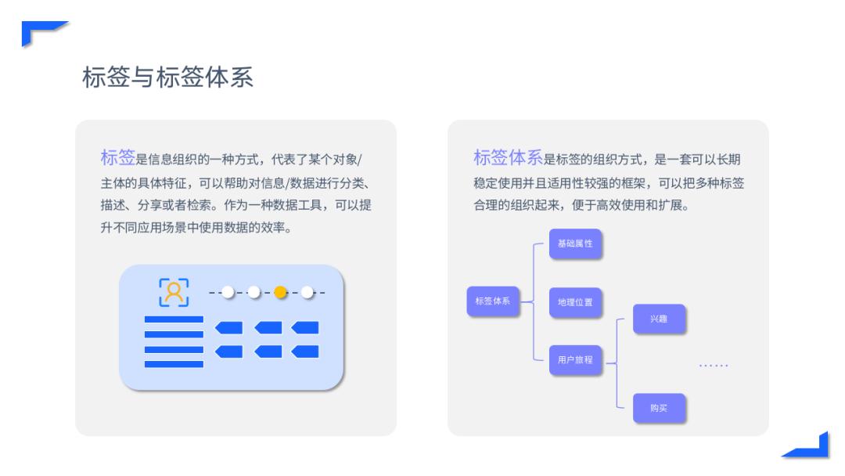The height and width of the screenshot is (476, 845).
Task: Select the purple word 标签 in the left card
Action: click(117, 157)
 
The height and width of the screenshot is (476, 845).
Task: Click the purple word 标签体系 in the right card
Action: click(508, 157)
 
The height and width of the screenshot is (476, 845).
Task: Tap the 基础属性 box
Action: click(575, 243)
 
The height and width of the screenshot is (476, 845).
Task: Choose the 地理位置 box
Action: click(575, 301)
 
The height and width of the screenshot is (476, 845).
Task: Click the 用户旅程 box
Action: click(575, 360)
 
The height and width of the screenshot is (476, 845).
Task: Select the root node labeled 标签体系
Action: click(493, 301)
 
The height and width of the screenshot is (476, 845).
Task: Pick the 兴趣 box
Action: click(659, 319)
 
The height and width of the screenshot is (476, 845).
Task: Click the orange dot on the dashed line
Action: click(280, 292)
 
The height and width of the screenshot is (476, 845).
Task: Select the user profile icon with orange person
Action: click(174, 292)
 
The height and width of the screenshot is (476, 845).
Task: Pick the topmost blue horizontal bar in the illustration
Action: click(174, 319)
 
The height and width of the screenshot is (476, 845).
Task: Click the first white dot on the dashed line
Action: click(227, 292)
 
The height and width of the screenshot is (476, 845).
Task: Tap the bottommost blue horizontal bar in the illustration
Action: click(174, 364)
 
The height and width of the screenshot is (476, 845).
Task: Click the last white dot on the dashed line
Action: click(307, 292)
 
